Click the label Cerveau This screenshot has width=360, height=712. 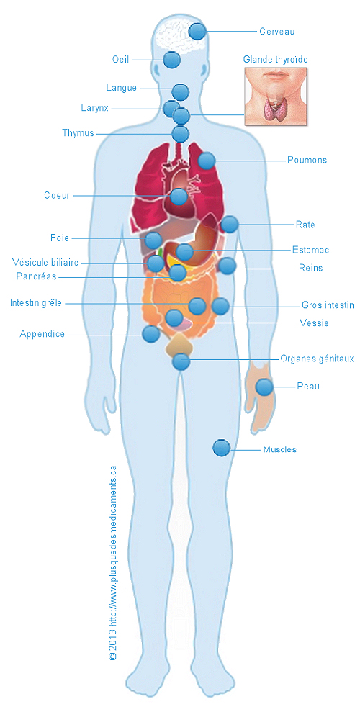(277, 32)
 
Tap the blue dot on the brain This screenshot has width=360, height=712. (197, 32)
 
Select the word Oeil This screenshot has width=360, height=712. (121, 60)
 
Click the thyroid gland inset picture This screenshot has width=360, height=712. (276, 96)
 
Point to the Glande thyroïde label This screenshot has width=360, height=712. (276, 59)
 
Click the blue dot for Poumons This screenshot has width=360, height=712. (207, 161)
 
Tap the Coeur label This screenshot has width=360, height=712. (57, 195)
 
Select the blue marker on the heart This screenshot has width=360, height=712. (179, 196)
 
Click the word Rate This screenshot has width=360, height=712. (305, 225)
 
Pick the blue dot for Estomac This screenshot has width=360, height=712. (184, 251)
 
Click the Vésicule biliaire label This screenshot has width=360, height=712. (45, 263)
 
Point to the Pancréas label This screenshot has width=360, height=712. (36, 276)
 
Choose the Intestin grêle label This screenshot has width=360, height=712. (36, 302)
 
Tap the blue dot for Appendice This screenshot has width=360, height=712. (150, 334)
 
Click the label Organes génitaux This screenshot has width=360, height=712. (317, 359)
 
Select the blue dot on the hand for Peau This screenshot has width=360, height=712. (264, 387)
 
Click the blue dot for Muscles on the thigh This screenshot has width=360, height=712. (222, 448)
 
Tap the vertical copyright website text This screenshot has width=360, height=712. (112, 562)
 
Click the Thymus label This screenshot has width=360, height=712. (78, 133)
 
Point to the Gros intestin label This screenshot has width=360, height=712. (328, 305)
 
